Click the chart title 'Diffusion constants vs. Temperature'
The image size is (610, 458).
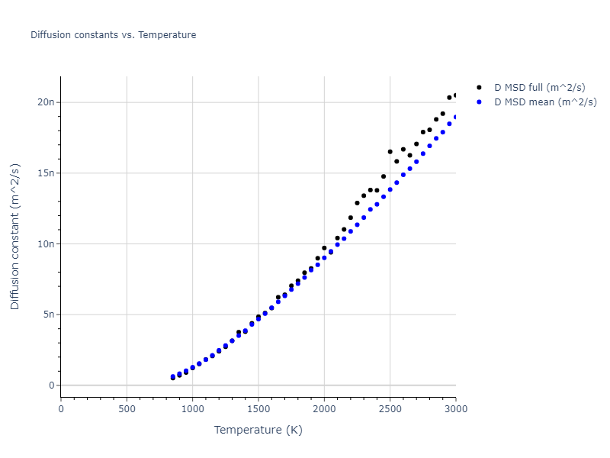point(113,35)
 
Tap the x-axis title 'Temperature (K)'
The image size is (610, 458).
point(258,430)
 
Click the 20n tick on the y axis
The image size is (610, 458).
point(47,102)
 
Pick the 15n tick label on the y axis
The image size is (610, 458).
point(47,173)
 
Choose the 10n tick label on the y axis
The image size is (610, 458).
point(47,244)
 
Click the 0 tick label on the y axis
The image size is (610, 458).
point(51,385)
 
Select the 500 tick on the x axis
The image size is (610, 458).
point(127,408)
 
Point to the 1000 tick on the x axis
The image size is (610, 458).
point(192,408)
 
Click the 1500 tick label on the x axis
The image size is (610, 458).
point(258,408)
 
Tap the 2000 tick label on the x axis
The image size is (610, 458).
point(324,408)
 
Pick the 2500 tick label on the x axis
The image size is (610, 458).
point(390,408)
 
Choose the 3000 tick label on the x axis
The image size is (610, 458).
point(455,408)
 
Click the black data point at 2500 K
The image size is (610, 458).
point(390,152)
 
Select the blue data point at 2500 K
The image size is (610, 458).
point(390,189)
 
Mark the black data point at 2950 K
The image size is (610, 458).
point(449,98)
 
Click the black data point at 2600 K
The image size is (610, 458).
point(403,150)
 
